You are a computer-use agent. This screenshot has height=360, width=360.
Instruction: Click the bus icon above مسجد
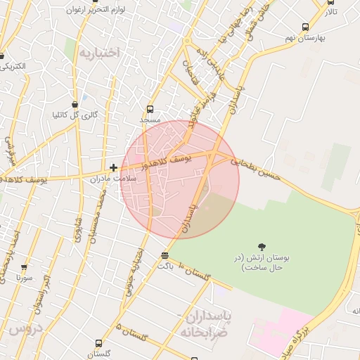[x=150, y=110]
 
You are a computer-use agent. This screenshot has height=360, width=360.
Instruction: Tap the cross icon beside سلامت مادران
[x=113, y=167]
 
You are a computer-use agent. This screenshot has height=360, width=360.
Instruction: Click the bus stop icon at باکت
[x=165, y=255]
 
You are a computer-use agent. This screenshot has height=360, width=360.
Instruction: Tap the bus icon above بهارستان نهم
[x=304, y=27]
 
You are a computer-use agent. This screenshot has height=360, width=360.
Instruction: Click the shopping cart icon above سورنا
[x=25, y=268]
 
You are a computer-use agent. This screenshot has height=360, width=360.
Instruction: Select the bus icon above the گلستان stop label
[x=98, y=343]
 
